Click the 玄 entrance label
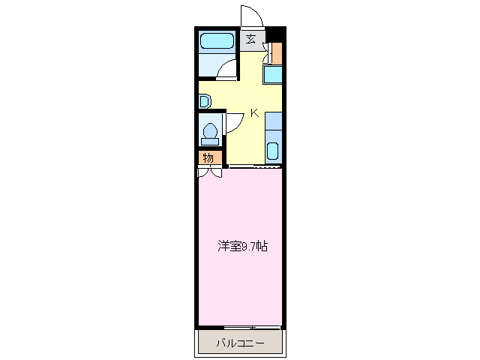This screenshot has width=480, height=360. click(250, 40)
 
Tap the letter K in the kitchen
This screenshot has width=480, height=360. click(254, 113)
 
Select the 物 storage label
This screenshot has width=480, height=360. click(209, 157)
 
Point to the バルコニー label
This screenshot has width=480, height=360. click(240, 343)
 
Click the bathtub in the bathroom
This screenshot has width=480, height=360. click(217, 41)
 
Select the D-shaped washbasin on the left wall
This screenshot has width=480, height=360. click(203, 100)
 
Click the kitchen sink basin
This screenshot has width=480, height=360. click(273, 150)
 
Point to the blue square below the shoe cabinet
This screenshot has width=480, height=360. click(273, 74)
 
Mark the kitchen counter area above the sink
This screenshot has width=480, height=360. click(273, 122)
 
